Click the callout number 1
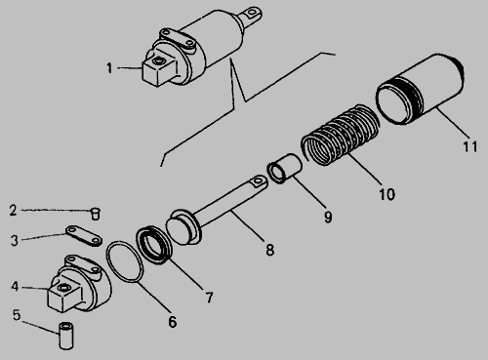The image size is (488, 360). click(109, 68)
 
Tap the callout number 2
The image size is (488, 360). click(13, 210)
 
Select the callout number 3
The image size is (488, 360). click(15, 241)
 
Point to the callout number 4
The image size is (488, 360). click(15, 287)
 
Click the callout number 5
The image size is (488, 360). click(17, 315)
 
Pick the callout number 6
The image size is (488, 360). click(173, 322)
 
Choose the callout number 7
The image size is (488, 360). click(209, 298)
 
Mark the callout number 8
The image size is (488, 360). click(270, 250)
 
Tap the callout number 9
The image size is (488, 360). click(328, 217)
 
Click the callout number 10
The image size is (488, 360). click(387, 194)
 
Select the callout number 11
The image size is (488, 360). click(470, 146)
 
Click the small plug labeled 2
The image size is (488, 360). click(95, 214)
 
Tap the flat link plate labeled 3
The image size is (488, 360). click(84, 236)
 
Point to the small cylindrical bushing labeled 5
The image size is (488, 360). click(66, 336)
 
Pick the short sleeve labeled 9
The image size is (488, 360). click(285, 169)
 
